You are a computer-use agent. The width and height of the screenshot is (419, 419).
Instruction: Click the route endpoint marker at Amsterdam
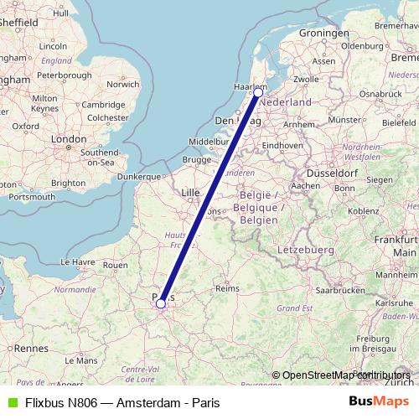pyautogui.click(x=257, y=93)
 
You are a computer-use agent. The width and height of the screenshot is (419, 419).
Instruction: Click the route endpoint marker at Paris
pyautogui.click(x=160, y=304)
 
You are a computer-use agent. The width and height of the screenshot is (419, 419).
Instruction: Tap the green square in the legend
pyautogui.click(x=11, y=402)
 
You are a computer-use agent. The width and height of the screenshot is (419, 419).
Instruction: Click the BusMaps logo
pyautogui.click(x=380, y=402)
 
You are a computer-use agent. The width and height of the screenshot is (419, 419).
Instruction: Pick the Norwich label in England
pyautogui.click(x=123, y=84)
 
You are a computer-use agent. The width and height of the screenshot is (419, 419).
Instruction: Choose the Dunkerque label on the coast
pyautogui.click(x=137, y=177)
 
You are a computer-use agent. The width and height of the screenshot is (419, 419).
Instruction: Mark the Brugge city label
pyautogui.click(x=196, y=159)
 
